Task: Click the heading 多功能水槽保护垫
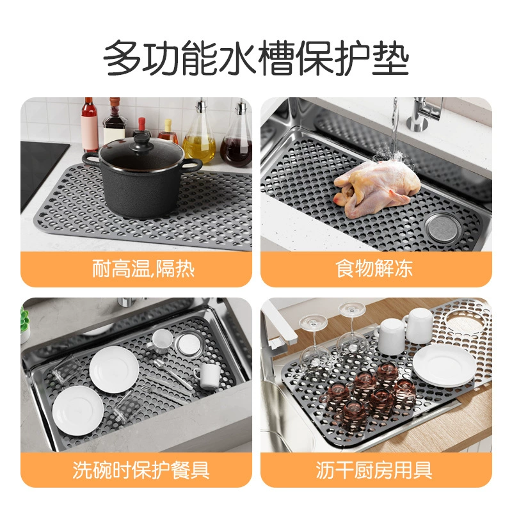(x=257, y=58)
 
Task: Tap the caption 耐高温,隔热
(x=143, y=269)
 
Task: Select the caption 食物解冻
(x=374, y=268)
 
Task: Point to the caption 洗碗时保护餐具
(x=141, y=470)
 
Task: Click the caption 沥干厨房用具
(x=374, y=470)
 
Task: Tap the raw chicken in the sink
(x=377, y=189)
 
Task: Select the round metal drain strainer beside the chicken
(x=443, y=227)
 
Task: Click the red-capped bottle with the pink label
(x=90, y=125)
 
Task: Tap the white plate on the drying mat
(x=444, y=364)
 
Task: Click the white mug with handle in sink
(x=207, y=376)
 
